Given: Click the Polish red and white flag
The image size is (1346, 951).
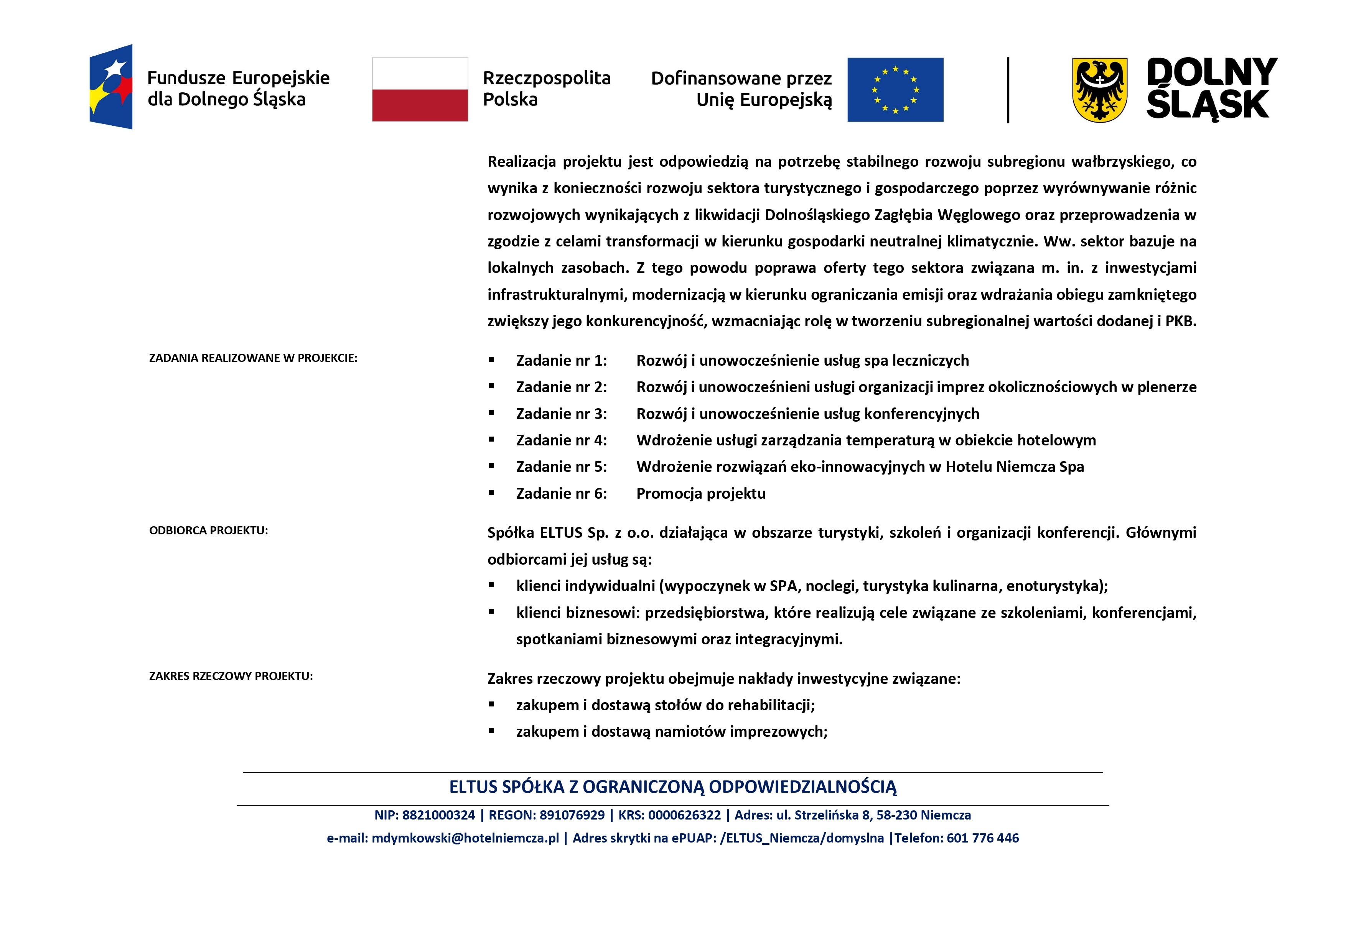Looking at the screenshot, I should [420, 90].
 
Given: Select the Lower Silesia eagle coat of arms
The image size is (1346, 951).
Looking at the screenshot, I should [1099, 90].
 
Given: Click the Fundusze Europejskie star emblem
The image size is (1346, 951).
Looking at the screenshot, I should [111, 87].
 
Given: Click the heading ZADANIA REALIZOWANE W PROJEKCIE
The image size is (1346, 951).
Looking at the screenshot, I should [253, 358].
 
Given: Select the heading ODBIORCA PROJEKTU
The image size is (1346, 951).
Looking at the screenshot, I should [208, 530].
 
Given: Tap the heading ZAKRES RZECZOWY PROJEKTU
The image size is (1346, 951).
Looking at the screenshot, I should [231, 676].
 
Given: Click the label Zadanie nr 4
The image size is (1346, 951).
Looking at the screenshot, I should [561, 440].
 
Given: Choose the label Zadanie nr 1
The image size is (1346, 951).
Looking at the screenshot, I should [561, 360].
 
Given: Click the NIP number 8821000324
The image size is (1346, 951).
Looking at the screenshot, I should [438, 815].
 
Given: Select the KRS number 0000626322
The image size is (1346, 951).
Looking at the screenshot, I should [684, 815].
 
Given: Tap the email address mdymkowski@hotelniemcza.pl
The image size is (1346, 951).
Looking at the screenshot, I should [465, 838].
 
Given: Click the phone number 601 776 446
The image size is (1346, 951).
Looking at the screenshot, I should [982, 838].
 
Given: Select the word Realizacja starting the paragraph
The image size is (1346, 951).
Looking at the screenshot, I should [521, 162].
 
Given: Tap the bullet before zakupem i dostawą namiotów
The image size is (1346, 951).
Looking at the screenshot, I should [491, 731].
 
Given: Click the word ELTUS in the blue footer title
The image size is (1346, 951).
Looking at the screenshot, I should [473, 787].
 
